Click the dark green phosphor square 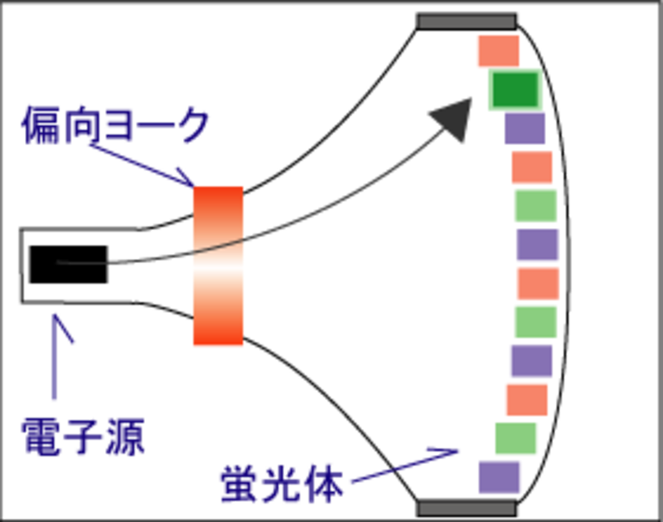click(x=515, y=90)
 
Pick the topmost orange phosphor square click(x=498, y=51)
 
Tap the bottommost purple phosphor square click(x=499, y=477)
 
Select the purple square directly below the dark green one click(x=525, y=129)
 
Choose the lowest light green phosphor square click(x=515, y=437)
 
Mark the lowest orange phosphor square click(x=527, y=399)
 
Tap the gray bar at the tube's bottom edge click(x=467, y=508)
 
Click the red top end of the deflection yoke click(x=217, y=202)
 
